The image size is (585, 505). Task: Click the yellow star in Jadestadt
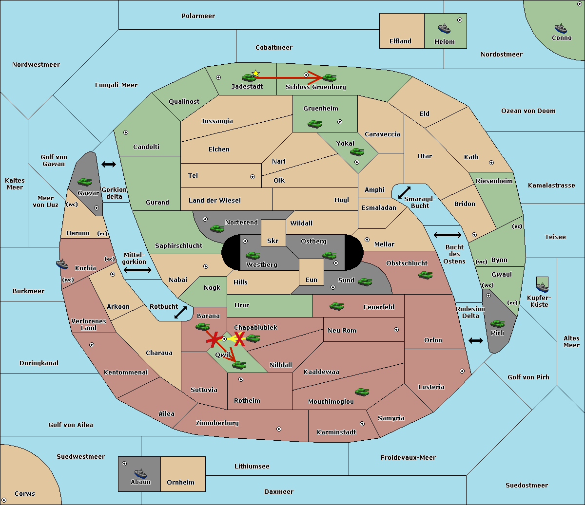(x=255, y=74)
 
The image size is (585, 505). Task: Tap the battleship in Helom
(x=444, y=28)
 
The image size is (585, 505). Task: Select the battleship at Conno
(x=561, y=28)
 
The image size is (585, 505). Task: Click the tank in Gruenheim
(x=315, y=124)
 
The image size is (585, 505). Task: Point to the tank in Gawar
(x=85, y=182)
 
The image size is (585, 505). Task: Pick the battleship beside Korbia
(x=62, y=264)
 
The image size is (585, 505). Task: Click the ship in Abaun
(x=141, y=473)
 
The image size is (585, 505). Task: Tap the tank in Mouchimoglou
(x=362, y=392)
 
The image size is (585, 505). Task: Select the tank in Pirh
(x=497, y=323)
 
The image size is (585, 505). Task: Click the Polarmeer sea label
(x=198, y=16)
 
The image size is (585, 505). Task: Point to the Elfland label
(x=400, y=41)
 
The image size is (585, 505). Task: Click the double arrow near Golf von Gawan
(x=109, y=164)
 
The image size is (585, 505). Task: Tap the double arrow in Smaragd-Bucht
(x=404, y=192)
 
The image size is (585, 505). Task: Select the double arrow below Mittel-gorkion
(x=137, y=270)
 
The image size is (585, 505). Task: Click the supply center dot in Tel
(x=253, y=177)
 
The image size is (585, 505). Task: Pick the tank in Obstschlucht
(x=426, y=275)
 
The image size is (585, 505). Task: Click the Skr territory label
(x=273, y=241)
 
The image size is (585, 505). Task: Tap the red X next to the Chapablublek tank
(x=239, y=339)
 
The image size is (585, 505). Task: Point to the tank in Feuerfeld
(x=336, y=306)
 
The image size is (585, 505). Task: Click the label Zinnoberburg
(x=217, y=423)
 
